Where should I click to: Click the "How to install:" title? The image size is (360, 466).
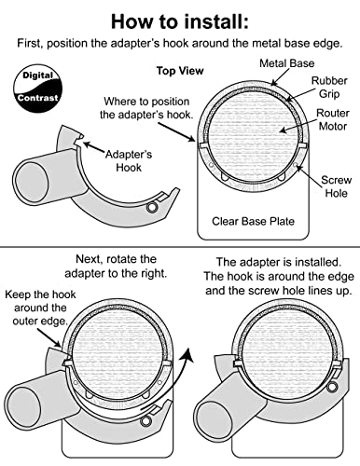pyautogui.click(x=180, y=21)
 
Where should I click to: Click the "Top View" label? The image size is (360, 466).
pyautogui.click(x=180, y=71)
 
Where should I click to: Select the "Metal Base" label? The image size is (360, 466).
pyautogui.click(x=286, y=63)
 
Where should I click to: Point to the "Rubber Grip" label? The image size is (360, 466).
pyautogui.click(x=329, y=87)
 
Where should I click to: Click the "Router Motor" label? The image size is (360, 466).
pyautogui.click(x=333, y=119)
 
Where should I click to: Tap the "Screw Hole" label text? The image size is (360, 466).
pyautogui.click(x=336, y=186)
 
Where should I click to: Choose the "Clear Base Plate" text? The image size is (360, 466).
pyautogui.click(x=253, y=221)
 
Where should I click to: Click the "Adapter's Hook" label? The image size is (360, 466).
pyautogui.click(x=129, y=160)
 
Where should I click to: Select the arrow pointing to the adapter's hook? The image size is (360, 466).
pyautogui.click(x=93, y=147)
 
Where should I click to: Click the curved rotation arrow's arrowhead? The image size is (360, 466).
pyautogui.click(x=188, y=354)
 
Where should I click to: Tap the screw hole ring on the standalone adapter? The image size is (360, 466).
pyautogui.click(x=151, y=207)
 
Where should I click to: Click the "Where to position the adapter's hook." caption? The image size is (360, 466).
pyautogui.click(x=146, y=108)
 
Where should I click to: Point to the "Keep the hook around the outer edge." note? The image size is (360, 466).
pyautogui.click(x=40, y=308)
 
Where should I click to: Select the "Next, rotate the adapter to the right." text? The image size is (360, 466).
pyautogui.click(x=116, y=266)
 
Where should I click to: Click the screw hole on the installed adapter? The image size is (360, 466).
pyautogui.click(x=332, y=387)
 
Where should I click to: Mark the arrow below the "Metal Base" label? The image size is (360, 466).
pyautogui.click(x=277, y=77)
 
